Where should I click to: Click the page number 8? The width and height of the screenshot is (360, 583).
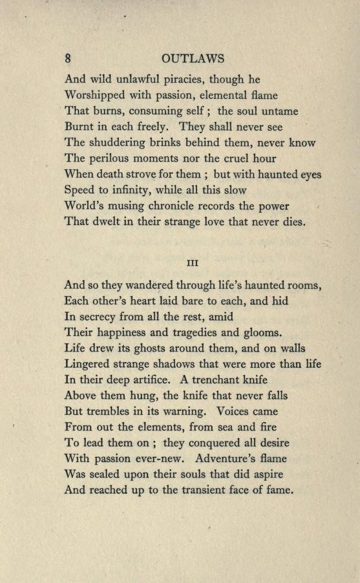(67, 58)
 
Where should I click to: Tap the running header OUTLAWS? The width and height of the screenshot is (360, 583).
(193, 58)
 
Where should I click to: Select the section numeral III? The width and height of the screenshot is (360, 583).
(191, 263)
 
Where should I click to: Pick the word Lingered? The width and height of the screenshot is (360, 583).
(90, 364)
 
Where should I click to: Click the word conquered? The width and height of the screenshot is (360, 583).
(217, 443)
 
